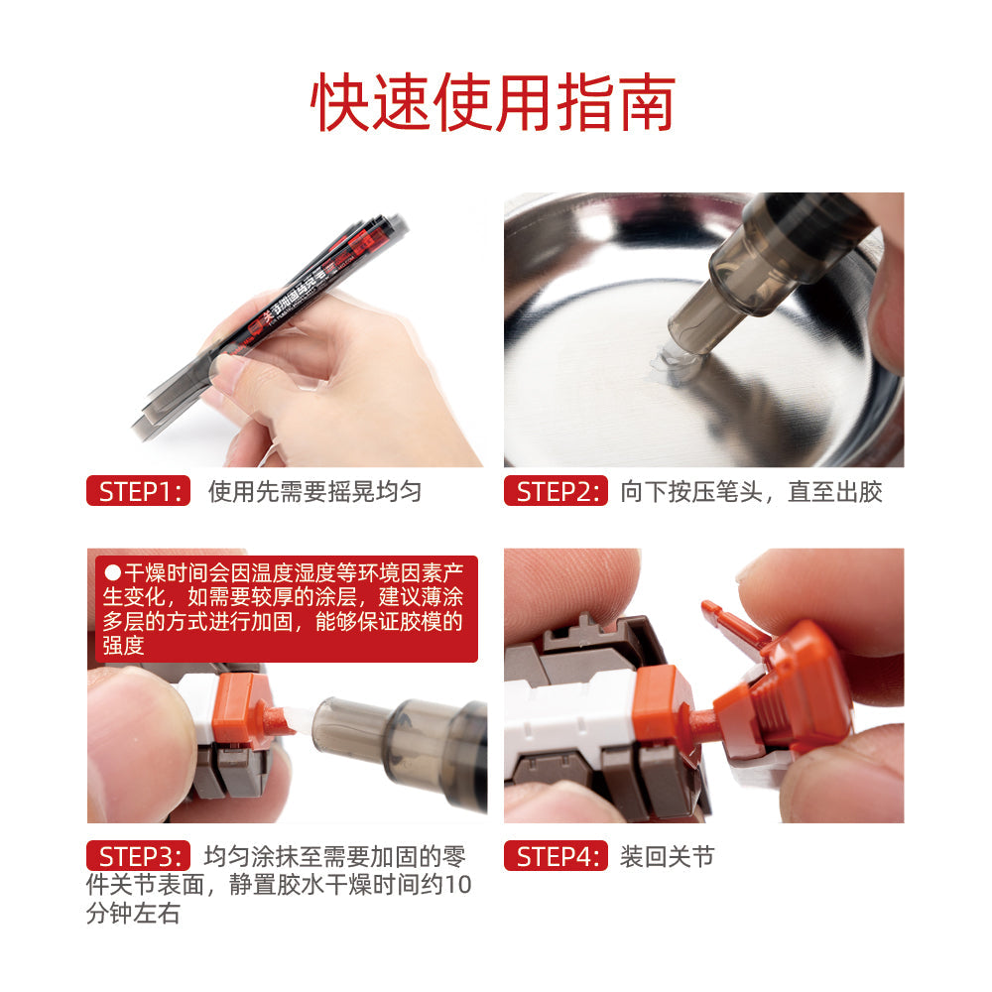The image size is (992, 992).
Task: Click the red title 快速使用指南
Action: click(x=493, y=102)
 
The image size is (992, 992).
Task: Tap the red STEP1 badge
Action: click(x=138, y=491)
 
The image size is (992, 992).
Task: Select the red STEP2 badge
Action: click(x=555, y=491)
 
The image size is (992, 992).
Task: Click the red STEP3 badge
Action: click(x=138, y=856)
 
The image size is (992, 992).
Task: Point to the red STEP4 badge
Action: click(x=555, y=856)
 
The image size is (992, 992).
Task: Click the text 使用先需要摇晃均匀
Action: click(x=314, y=491)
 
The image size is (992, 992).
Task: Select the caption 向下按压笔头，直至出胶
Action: click(x=751, y=491)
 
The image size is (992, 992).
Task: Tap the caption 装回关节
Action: click(x=667, y=856)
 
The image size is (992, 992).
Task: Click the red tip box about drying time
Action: click(x=283, y=608)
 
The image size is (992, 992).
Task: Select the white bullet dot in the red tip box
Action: click(x=112, y=572)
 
